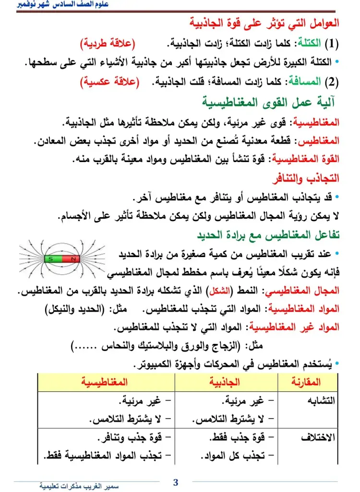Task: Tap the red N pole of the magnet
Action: (72, 259)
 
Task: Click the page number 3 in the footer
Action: (176, 482)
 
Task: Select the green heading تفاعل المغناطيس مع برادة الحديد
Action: (269, 235)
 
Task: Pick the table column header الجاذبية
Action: (226, 382)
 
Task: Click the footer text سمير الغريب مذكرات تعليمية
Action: (79, 486)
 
